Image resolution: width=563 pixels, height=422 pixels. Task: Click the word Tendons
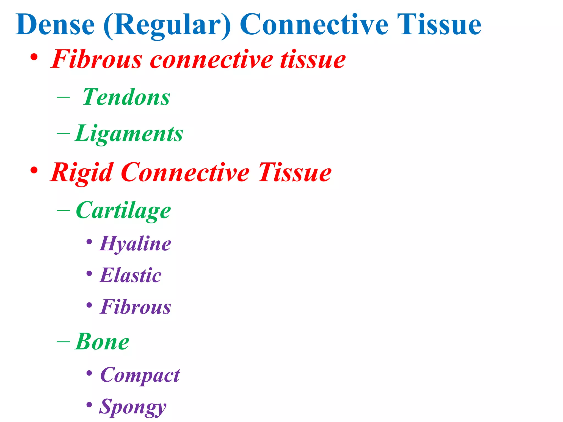coord(126,97)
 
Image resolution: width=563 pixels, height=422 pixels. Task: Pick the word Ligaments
coord(129,134)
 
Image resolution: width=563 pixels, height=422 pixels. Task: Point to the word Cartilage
coord(123,211)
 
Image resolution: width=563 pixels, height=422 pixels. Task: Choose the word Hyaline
coord(135,244)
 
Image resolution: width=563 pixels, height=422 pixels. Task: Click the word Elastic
coord(131,276)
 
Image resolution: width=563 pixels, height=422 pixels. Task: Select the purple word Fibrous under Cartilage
coord(136,307)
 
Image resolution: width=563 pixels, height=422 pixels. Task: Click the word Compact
coord(140,375)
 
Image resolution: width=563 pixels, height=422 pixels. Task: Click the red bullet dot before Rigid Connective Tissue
coord(34,171)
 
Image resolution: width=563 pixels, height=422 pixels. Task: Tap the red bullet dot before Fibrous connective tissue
coord(34,57)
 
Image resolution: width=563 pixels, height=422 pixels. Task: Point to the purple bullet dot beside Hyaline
coord(89,242)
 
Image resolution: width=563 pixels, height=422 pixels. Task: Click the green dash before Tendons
coord(63,97)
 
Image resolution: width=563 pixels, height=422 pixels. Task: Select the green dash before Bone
coord(63,342)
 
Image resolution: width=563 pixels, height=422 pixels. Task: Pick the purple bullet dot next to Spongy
coord(89,405)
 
